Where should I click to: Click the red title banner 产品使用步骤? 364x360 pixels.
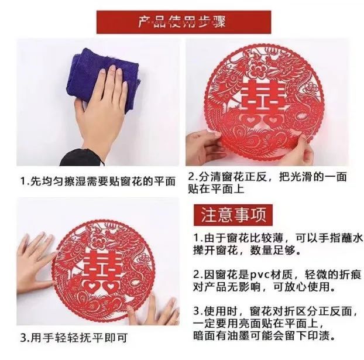pos(181,23)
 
